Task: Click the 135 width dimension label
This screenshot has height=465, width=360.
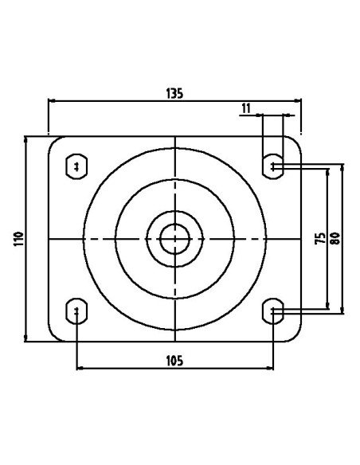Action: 174,93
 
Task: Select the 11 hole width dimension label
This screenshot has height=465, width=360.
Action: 246,108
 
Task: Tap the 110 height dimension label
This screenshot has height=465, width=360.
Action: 18,239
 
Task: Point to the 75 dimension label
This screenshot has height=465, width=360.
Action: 320,238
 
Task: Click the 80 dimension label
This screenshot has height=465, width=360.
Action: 335,238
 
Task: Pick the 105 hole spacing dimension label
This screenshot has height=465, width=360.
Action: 174,361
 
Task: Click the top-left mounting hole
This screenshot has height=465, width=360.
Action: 76,166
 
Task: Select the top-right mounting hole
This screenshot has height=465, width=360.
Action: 273,166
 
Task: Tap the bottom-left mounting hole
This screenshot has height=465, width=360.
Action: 76,311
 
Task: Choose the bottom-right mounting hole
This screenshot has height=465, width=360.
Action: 273,311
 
